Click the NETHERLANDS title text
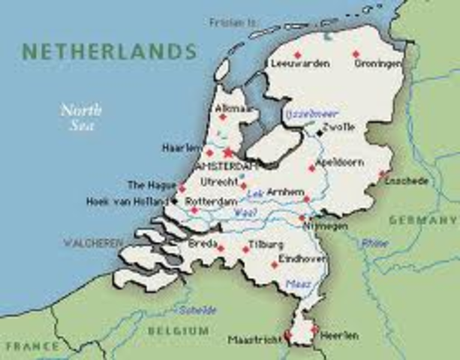point(109,52)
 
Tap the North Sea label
point(81,117)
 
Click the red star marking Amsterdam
point(228,152)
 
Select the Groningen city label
point(377,64)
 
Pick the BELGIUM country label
point(178,331)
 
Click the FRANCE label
point(32,346)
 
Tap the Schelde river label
point(197,310)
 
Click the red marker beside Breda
point(221,247)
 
